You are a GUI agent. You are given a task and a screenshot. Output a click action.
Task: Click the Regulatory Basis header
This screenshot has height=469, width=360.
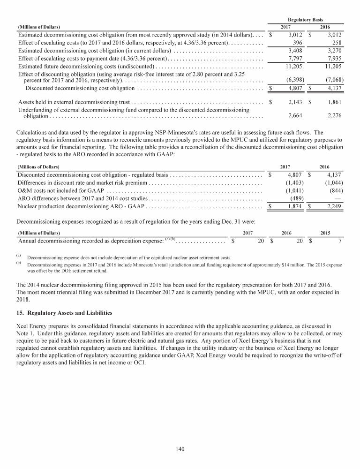click(x=304, y=19)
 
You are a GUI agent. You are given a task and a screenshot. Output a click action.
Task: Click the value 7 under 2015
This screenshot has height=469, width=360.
click(x=340, y=241)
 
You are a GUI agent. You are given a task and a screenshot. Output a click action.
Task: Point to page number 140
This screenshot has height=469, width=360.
click(x=180, y=449)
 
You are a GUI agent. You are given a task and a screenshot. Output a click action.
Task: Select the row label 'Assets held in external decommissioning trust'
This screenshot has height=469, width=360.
click(x=74, y=102)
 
